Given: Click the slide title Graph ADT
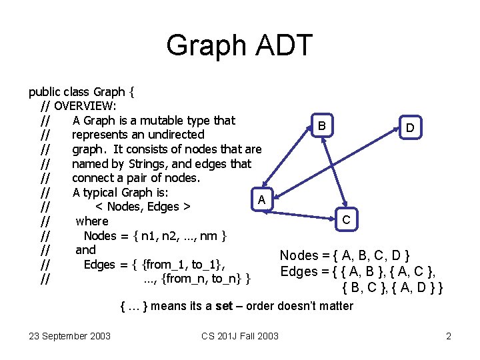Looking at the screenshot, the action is (x=239, y=45).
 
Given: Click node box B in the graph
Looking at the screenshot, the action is (x=322, y=126).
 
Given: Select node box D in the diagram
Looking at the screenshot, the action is (x=411, y=127).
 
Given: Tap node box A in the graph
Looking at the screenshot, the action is (x=262, y=199).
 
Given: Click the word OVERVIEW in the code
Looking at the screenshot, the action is (x=85, y=106).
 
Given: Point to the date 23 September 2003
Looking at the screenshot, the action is (x=70, y=335).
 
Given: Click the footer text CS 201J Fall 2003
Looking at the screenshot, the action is (x=240, y=335).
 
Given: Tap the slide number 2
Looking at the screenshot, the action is (x=449, y=335).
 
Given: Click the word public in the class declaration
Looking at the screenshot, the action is (x=44, y=92).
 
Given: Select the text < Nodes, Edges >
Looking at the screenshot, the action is (x=144, y=207).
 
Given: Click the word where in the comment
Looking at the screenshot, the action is (x=92, y=221).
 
